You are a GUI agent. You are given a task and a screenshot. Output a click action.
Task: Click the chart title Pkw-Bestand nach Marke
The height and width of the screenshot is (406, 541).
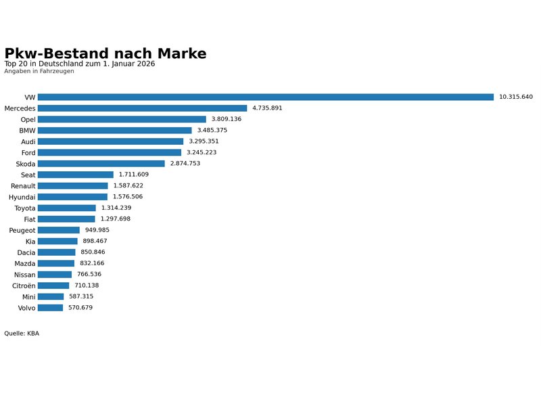pyautogui.click(x=105, y=53)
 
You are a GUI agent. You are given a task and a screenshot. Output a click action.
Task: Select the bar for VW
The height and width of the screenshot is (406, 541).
pyautogui.click(x=265, y=97)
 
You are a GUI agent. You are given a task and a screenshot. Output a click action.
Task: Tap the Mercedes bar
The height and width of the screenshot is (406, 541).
pyautogui.click(x=142, y=108)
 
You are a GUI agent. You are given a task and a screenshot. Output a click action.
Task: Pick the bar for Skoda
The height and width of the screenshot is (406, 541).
pyautogui.click(x=101, y=164)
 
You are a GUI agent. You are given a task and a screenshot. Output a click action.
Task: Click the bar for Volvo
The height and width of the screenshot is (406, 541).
pyautogui.click(x=50, y=308)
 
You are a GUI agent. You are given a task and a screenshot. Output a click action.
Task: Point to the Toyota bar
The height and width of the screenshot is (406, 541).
pyautogui.click(x=66, y=208)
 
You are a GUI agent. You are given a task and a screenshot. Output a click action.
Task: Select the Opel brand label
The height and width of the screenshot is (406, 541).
pyautogui.click(x=28, y=119)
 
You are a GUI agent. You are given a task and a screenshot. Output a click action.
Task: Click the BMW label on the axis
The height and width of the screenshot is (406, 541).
pyautogui.click(x=27, y=130)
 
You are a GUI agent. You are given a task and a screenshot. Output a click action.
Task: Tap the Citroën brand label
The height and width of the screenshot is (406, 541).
pyautogui.click(x=24, y=286)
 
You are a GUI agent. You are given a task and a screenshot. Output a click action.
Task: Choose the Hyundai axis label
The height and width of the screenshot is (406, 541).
pyautogui.click(x=22, y=197)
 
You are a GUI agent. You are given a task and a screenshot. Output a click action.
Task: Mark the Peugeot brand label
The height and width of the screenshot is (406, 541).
pyautogui.click(x=22, y=230)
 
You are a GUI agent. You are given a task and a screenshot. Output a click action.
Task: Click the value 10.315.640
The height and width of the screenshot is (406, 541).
pyautogui.click(x=516, y=97)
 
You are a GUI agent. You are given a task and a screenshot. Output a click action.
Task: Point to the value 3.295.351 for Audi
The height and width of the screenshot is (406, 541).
pyautogui.click(x=204, y=141)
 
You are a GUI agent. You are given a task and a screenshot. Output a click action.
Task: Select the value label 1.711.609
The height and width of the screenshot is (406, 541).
pyautogui.click(x=134, y=175)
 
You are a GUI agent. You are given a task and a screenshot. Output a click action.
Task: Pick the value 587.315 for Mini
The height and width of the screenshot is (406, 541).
pyautogui.click(x=84, y=296)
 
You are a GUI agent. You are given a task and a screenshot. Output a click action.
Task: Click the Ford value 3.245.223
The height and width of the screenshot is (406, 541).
pyautogui.click(x=202, y=152)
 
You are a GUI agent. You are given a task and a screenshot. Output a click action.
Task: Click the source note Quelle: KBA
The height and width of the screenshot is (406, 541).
pyautogui.click(x=22, y=333)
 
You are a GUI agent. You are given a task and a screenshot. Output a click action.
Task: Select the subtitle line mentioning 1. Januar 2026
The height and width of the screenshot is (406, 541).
pyautogui.click(x=80, y=64)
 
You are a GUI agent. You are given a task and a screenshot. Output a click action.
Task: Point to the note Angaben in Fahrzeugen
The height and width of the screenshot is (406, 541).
pyautogui.click(x=39, y=71)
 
